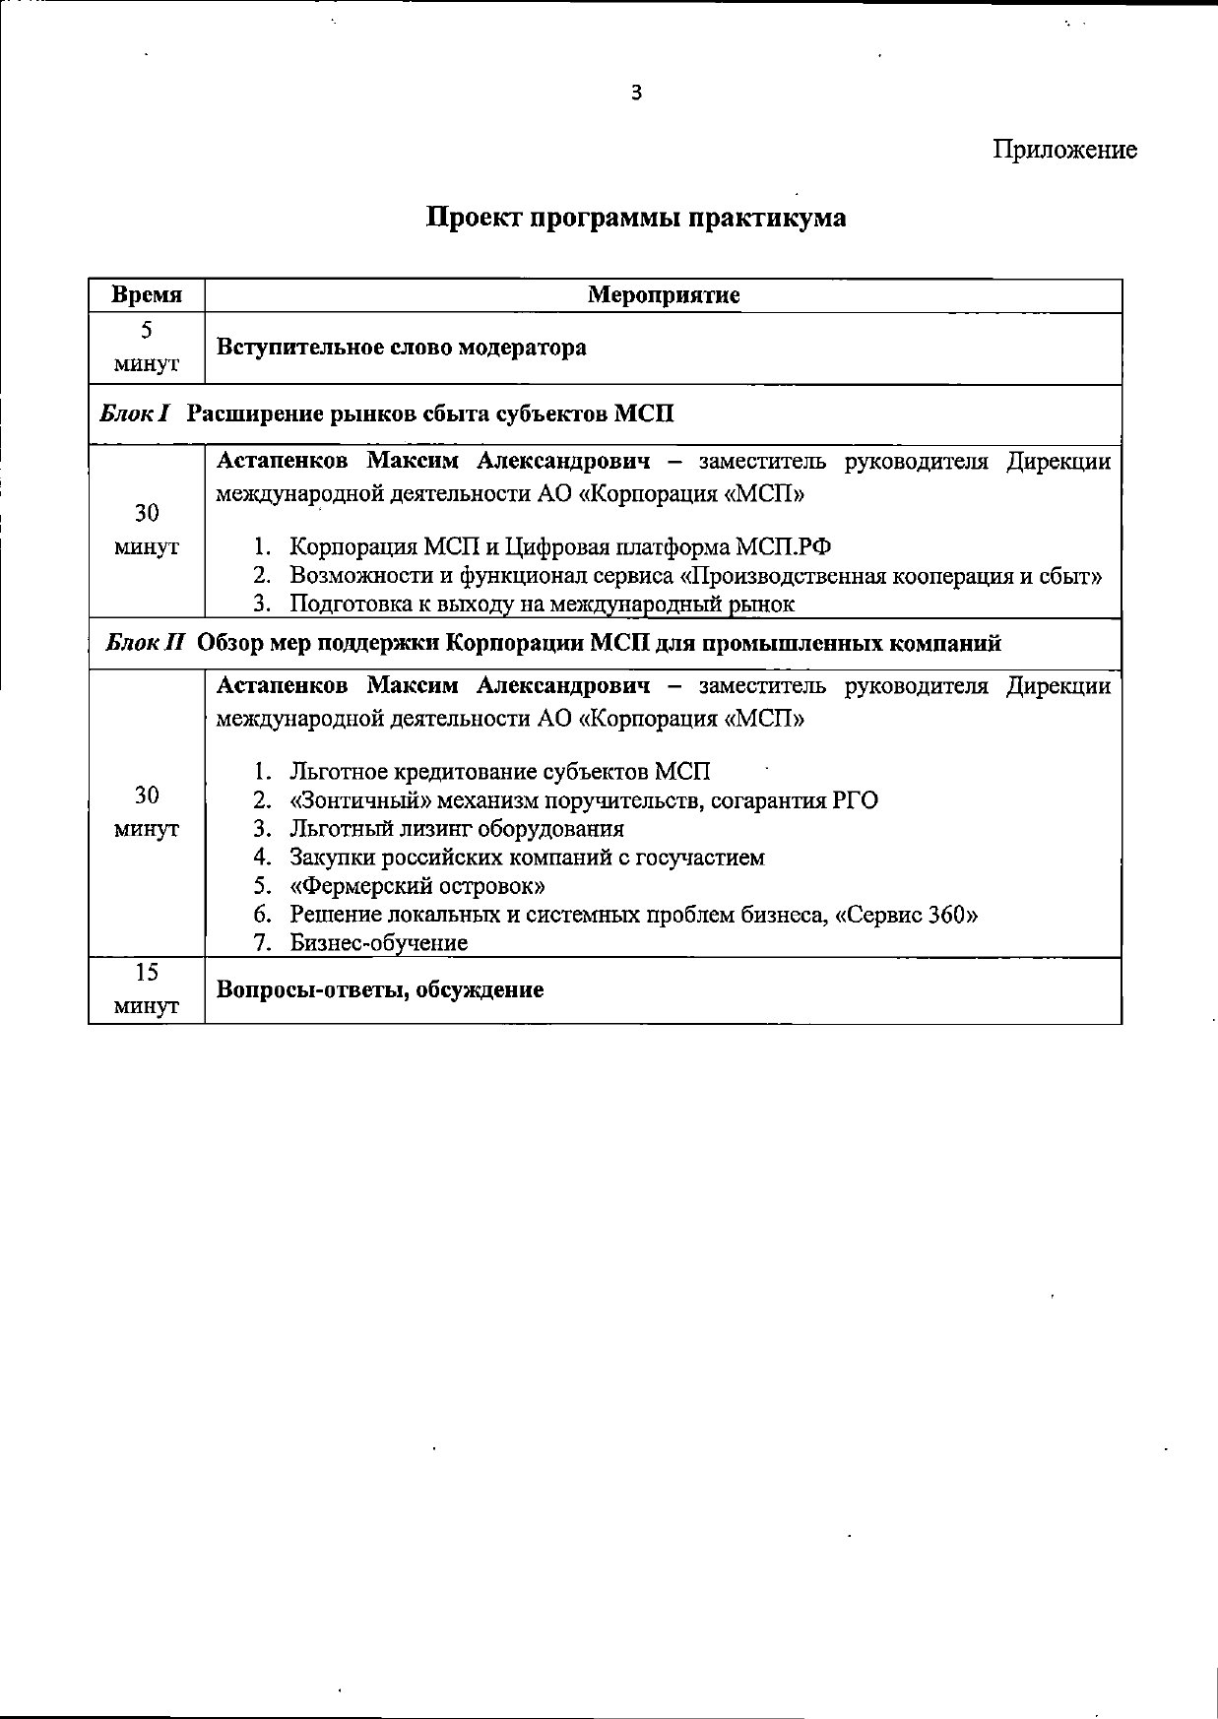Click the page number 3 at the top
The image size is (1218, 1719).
pyautogui.click(x=636, y=94)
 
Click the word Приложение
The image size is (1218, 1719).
pyautogui.click(x=1064, y=150)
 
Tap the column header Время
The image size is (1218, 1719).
pyautogui.click(x=147, y=295)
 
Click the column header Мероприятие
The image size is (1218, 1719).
pyautogui.click(x=664, y=295)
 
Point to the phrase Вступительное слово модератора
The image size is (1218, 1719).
pyautogui.click(x=401, y=348)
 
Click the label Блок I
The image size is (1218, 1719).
pyautogui.click(x=136, y=414)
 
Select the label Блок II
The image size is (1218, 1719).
pyautogui.click(x=145, y=644)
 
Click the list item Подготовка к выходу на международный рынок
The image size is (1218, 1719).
pyautogui.click(x=542, y=604)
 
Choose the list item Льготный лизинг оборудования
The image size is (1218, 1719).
pyautogui.click(x=456, y=829)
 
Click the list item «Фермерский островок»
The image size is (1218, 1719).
pyautogui.click(x=417, y=886)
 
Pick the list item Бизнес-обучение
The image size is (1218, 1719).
pyautogui.click(x=378, y=943)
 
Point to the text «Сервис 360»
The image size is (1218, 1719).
pyautogui.click(x=906, y=915)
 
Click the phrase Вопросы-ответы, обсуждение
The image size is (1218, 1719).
pyautogui.click(x=380, y=989)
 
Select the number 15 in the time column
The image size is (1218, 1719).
pyautogui.click(x=147, y=973)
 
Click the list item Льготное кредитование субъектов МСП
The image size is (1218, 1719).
pyautogui.click(x=499, y=772)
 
